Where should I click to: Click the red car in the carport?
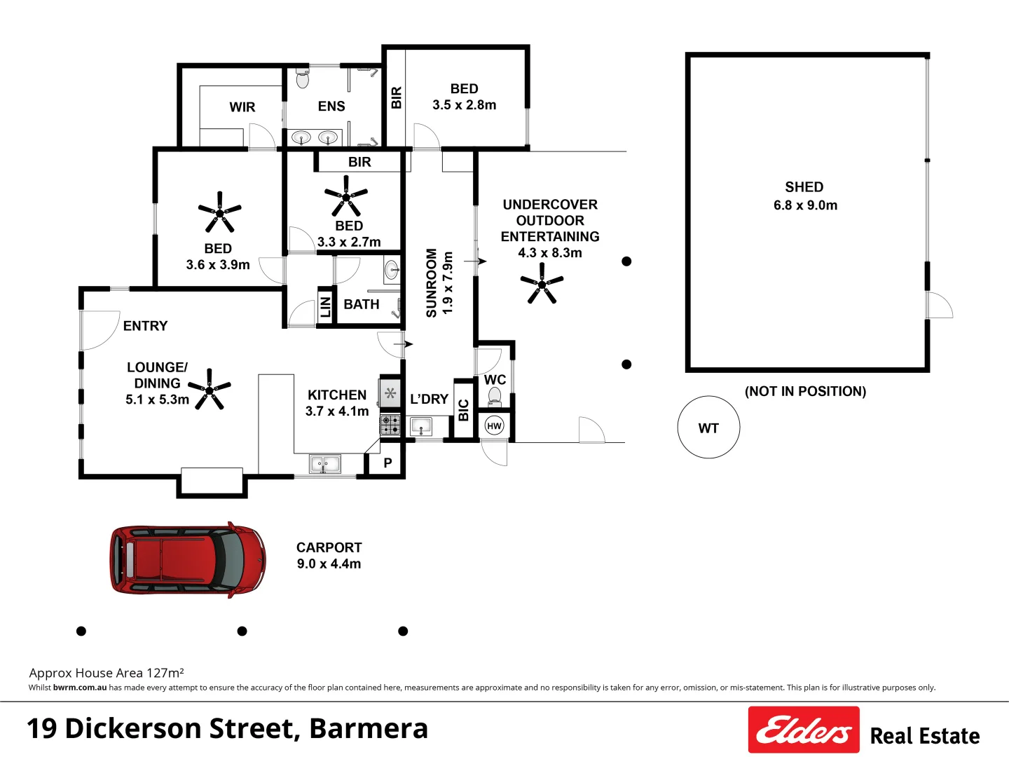tap(188, 560)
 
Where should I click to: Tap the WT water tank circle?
tap(708, 428)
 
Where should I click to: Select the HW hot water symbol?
tap(494, 425)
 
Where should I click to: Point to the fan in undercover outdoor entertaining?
tap(542, 284)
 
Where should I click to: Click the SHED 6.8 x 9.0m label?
tap(804, 196)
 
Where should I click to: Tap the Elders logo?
tap(803, 730)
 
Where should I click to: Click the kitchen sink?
tap(324, 463)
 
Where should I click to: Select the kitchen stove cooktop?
tap(390, 424)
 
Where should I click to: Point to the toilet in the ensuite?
tap(303, 79)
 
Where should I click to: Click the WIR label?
tap(242, 107)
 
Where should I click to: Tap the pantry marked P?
tap(387, 463)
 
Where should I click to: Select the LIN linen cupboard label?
tap(325, 307)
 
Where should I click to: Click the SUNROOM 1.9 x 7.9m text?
tap(439, 282)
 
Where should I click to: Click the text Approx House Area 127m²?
tap(107, 673)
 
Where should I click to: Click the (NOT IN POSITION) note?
tap(805, 391)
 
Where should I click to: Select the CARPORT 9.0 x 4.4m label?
tap(329, 555)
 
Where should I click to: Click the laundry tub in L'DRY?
tap(420, 425)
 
